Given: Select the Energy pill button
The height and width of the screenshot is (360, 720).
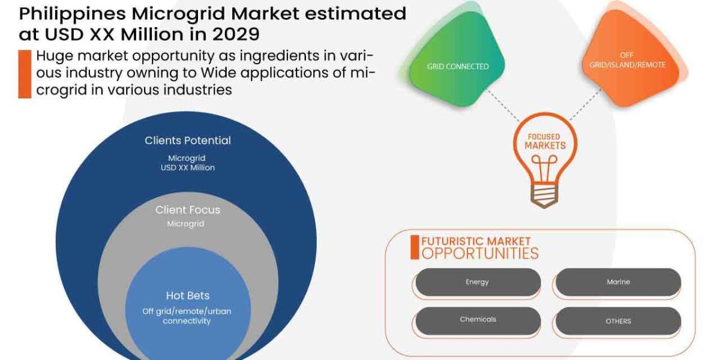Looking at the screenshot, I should [478, 282].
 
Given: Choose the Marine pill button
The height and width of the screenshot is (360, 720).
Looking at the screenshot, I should [618, 282].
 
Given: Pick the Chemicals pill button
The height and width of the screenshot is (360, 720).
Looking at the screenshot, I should [478, 320].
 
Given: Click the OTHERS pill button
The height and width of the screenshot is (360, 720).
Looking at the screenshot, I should [618, 321].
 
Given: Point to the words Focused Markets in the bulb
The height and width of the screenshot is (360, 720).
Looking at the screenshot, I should [545, 142].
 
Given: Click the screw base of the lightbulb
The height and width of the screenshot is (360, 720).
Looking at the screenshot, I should [544, 196].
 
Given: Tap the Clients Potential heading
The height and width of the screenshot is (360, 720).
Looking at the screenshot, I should [187, 140].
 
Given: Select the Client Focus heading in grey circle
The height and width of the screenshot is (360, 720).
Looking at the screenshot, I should [187, 210].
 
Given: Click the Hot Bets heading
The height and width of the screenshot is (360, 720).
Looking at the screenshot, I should [187, 296].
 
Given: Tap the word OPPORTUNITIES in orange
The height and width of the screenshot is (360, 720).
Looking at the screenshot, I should [479, 253].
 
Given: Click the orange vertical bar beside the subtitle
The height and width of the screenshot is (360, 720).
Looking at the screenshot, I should [24, 74].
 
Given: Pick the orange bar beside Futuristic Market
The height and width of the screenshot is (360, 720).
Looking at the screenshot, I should [414, 247].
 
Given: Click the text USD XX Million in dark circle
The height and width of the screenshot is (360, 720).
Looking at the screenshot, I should [187, 168].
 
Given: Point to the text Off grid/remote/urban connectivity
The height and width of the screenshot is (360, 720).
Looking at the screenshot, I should [187, 316].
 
